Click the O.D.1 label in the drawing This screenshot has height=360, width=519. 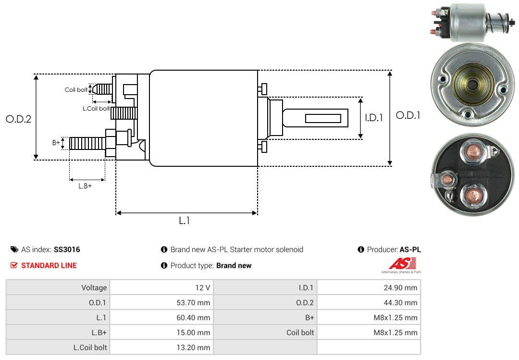coord(408,115)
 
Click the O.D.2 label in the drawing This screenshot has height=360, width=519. coord(18,119)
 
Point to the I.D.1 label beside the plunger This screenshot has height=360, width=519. coord(373,117)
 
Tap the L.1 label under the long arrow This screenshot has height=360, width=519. coord(185,221)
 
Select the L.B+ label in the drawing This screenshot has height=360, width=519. coord(85,186)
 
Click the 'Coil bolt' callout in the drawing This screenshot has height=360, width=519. coord(76,90)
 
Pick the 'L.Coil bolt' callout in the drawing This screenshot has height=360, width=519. coord(96,109)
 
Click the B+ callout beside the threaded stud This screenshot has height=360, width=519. coord(56,142)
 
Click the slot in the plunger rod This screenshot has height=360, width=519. coord(323,118)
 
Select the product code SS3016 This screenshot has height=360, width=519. coord(67,249)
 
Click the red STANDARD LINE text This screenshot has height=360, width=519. coord(49,265)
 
